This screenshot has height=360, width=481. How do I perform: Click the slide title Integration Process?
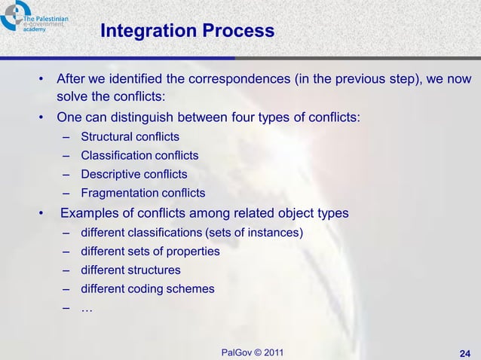tap(187, 32)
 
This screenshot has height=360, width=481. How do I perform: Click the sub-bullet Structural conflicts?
tap(130, 136)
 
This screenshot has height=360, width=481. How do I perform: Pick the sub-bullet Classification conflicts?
tap(139, 155)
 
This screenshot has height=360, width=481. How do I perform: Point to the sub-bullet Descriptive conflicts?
tap(134, 174)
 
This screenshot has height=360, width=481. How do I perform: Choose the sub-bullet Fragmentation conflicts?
tap(142, 193)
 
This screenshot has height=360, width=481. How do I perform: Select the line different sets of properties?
tap(150, 251)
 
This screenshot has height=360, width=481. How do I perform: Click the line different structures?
tap(130, 270)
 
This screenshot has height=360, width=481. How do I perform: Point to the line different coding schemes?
tap(148, 288)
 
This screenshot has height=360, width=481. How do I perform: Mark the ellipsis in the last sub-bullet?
tap(87, 307)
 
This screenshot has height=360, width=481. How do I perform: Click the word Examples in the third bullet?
tap(90, 212)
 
